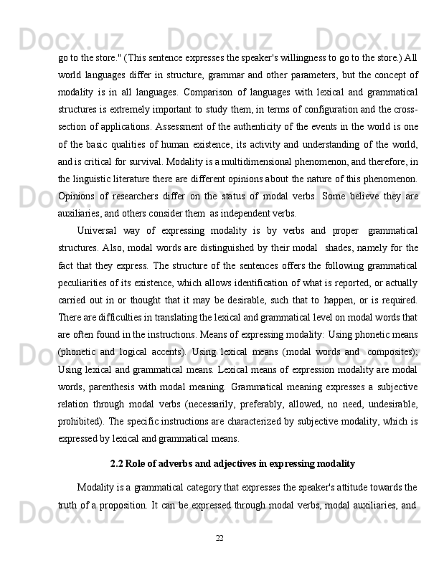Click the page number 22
point(219,539)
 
